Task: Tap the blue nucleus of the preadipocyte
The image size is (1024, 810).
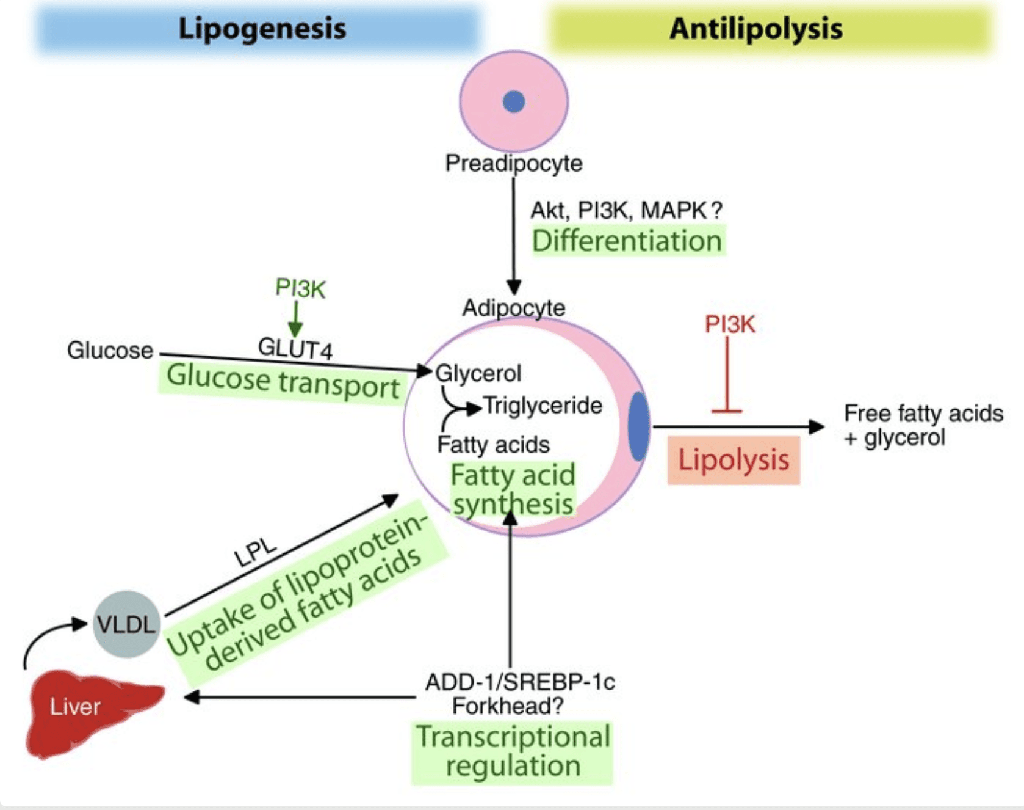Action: click(514, 101)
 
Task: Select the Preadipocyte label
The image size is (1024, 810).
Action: click(514, 163)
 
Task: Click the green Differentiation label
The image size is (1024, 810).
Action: click(627, 241)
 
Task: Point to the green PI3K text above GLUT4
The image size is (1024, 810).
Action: click(300, 288)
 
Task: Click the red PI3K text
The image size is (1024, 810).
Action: click(730, 324)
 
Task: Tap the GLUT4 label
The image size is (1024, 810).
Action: click(295, 348)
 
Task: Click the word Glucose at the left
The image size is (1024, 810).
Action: click(110, 351)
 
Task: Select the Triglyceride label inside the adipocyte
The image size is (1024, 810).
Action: click(543, 406)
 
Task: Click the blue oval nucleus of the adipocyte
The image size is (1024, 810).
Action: click(638, 426)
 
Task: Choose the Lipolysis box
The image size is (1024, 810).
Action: click(734, 460)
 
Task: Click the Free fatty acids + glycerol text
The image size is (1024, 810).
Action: click(923, 425)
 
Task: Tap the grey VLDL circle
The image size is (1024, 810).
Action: click(126, 624)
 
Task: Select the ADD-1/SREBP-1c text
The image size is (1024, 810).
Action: click(520, 682)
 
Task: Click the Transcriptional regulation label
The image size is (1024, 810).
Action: click(513, 751)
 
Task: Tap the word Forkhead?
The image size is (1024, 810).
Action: click(508, 706)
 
